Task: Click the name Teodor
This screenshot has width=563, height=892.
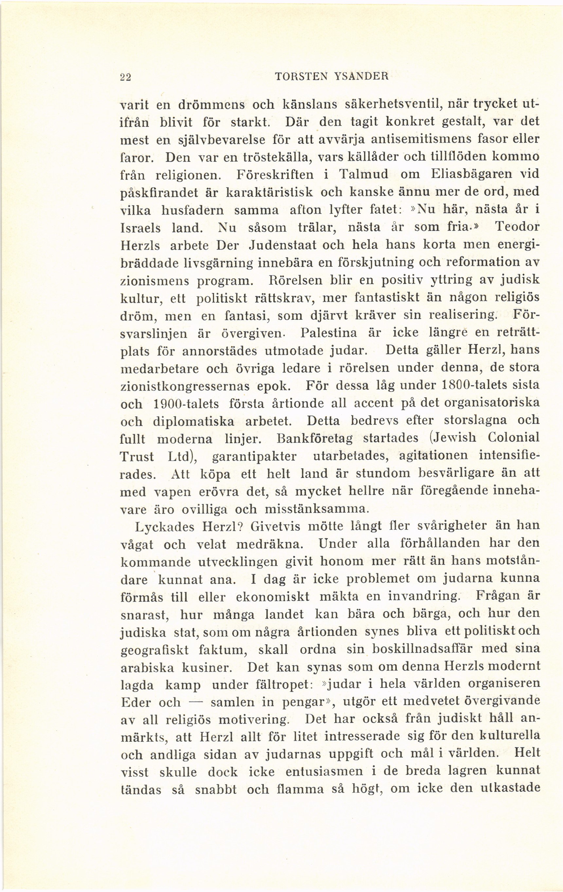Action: click(517, 227)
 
